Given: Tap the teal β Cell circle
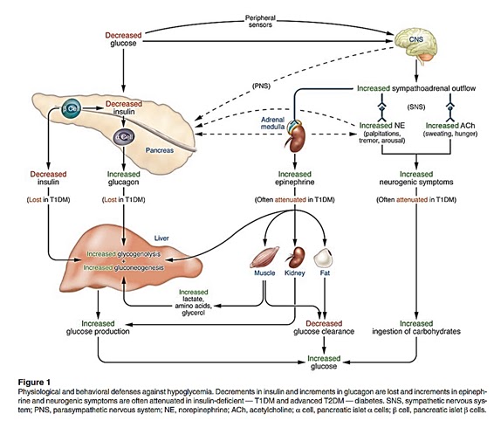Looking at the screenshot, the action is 71,109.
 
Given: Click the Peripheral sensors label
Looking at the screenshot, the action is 260,21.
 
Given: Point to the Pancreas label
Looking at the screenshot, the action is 160,150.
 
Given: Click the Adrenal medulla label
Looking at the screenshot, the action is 273,123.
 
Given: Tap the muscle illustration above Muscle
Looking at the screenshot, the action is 264,257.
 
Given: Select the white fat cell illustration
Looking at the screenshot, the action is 323,258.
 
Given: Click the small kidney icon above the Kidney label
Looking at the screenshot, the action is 296,257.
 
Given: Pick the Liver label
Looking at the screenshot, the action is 161,238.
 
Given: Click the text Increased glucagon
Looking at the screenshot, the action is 124,178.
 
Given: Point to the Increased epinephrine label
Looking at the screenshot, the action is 295,178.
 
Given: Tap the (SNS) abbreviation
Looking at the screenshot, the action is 416,107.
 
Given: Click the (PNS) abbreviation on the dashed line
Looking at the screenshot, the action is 261,86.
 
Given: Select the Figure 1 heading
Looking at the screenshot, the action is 34,383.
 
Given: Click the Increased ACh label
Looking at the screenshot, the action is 450,126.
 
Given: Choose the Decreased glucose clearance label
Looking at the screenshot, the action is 324,328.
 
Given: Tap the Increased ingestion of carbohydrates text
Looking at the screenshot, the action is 416,328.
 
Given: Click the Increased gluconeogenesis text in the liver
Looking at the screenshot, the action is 124,268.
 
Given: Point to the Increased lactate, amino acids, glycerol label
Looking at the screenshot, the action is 194,302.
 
